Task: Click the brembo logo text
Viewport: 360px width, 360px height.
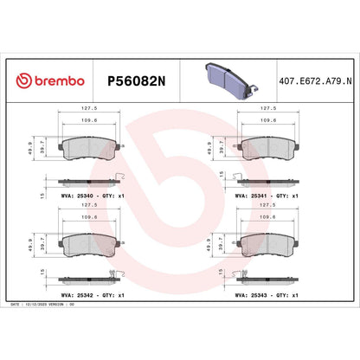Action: click(x=52, y=80)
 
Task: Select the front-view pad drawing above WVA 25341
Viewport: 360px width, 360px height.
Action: click(x=267, y=148)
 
